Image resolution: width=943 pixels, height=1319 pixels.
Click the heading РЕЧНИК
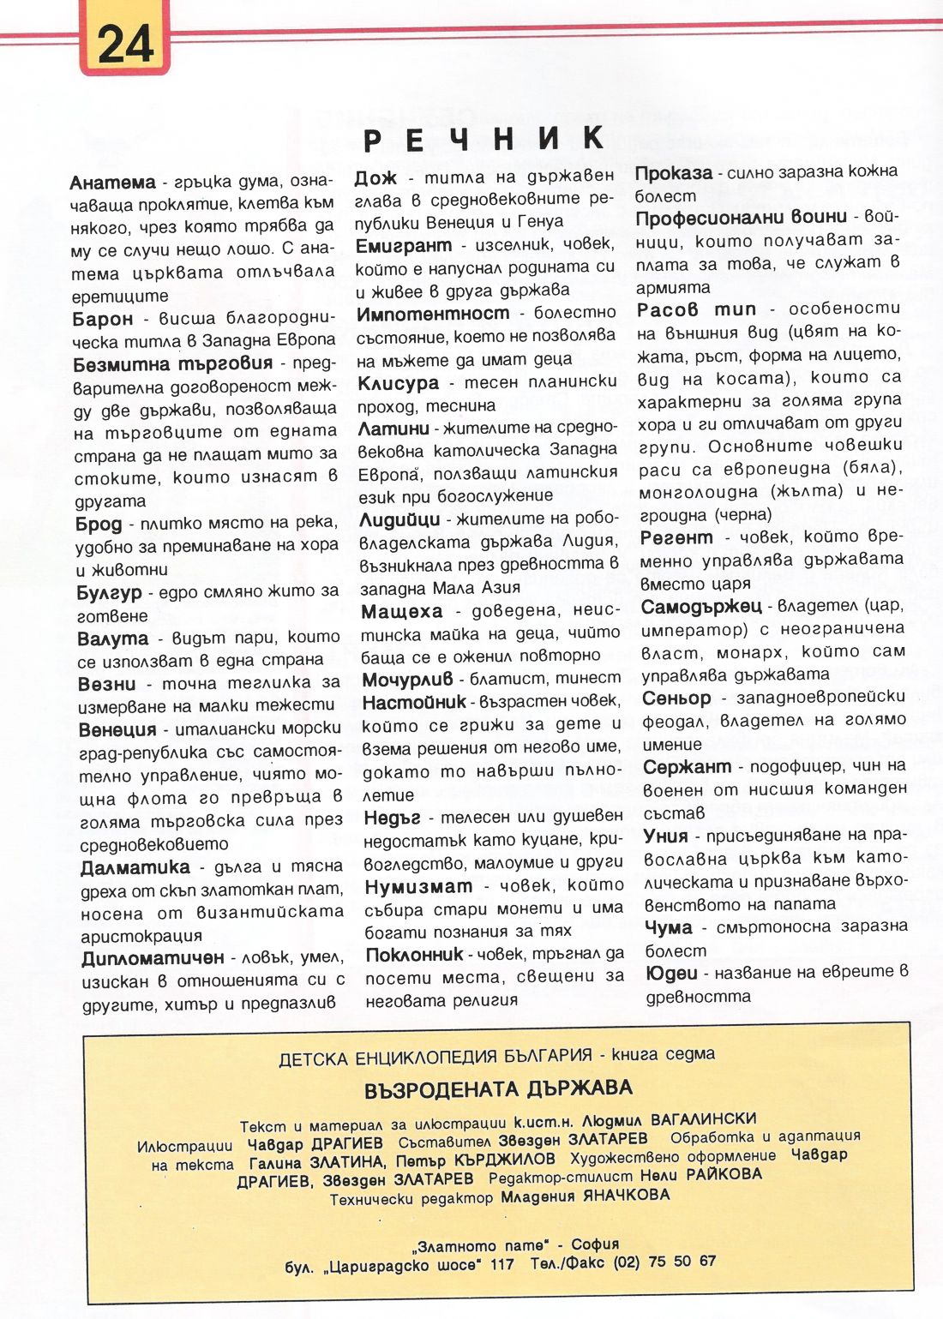484,139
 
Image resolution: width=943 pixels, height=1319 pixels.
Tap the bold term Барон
103,319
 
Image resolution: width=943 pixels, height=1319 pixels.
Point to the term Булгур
109,592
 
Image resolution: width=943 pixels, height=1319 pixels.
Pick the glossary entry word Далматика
135,867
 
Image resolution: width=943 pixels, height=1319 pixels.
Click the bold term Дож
376,177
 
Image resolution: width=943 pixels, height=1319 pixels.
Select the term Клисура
398,383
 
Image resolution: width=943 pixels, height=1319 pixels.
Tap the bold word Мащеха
402,612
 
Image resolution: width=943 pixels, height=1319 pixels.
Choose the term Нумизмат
418,886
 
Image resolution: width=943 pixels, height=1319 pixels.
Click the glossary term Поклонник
414,955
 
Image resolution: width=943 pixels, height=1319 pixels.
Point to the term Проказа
674,173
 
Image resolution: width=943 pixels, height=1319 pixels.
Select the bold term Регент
676,538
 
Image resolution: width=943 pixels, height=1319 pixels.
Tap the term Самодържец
701,607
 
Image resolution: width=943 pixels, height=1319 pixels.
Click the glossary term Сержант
687,766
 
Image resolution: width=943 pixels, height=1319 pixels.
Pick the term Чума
668,927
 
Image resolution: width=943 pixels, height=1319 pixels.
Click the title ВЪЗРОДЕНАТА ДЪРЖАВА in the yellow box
497,1089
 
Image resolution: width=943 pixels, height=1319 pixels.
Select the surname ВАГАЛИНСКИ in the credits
703,1119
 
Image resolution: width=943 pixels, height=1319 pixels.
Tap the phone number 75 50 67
682,1262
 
